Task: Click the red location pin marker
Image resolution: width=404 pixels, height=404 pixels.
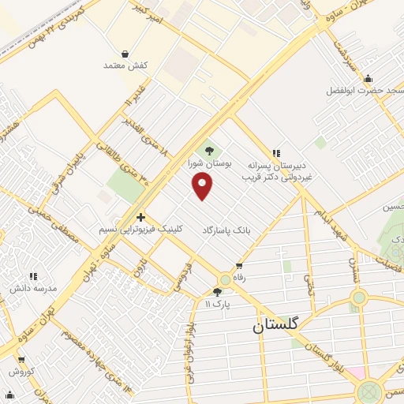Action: point(203,185)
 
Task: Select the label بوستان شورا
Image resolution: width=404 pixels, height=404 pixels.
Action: point(210,164)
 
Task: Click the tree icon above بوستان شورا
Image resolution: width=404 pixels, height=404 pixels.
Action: point(209,151)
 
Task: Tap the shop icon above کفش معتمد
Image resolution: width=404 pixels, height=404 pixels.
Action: point(125,54)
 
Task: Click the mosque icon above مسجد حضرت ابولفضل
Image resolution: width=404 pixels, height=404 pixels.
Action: point(368,78)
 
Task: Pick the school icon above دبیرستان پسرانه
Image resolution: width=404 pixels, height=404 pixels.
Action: point(275,152)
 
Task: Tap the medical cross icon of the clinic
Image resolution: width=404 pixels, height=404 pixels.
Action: point(140,217)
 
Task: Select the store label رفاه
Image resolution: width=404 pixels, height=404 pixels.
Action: point(238,277)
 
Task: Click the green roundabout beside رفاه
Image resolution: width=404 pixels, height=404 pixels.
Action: point(225,279)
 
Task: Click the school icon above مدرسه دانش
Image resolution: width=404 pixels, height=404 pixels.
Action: point(33,276)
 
